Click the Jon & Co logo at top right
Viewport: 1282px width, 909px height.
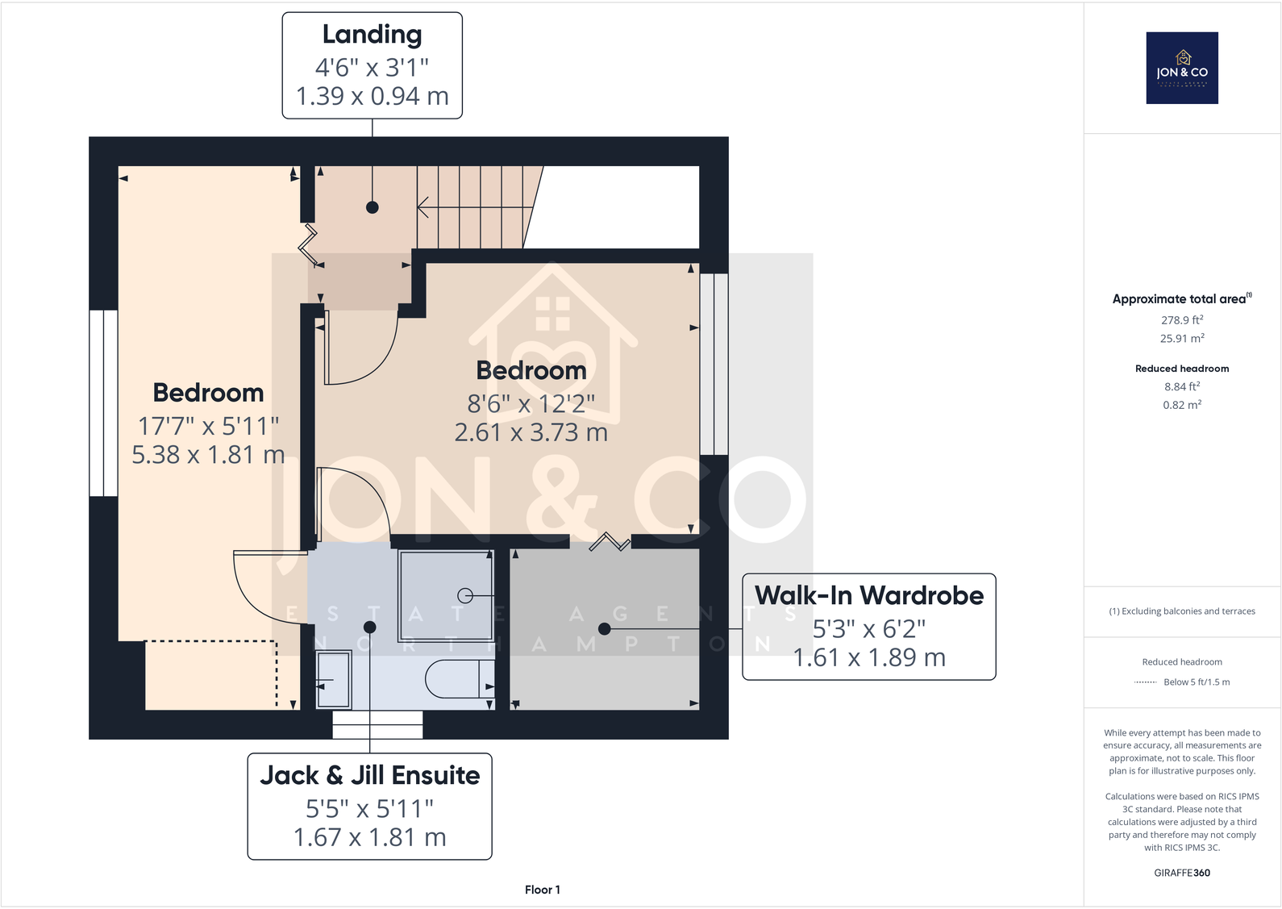coord(1182,68)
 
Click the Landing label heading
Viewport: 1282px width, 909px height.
coord(372,35)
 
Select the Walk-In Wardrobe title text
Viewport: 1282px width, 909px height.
coord(868,595)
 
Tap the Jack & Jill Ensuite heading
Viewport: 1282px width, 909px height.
coord(369,775)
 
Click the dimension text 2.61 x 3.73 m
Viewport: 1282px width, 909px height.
coord(531,433)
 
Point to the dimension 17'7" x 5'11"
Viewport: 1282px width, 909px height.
coord(208,425)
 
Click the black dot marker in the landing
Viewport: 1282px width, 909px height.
coord(373,207)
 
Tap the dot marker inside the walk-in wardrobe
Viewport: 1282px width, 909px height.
coord(605,628)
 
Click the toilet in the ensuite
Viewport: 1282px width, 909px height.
coord(459,679)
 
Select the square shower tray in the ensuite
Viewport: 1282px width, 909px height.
coord(445,595)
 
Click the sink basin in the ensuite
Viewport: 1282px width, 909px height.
coord(334,679)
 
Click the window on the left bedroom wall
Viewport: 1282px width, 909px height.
coord(103,402)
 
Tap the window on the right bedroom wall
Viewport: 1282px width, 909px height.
coord(714,365)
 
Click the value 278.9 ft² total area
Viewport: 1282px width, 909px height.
coord(1182,320)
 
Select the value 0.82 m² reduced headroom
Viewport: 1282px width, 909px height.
coord(1182,405)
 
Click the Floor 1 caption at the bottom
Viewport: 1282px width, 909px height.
coord(542,890)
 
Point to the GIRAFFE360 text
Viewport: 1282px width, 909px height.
coord(1182,873)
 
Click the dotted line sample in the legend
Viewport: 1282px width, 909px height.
coord(1145,682)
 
